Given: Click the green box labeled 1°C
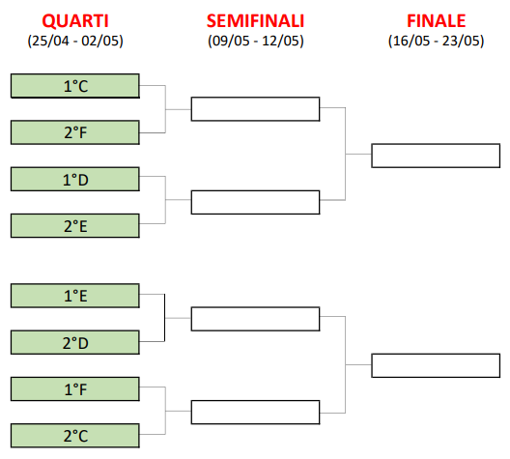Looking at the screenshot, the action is tap(75, 86).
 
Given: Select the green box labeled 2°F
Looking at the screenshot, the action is tap(75, 132).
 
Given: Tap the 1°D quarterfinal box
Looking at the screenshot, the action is tap(75, 179).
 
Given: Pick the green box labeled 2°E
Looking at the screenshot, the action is tap(75, 226).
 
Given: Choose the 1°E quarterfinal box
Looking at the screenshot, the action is tap(75, 296).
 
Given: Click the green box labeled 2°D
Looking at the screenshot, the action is tap(75, 342).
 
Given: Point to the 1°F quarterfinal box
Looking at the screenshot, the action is tap(75, 389).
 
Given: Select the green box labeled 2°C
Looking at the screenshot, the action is tap(75, 436).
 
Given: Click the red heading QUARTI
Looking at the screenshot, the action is tap(75, 21).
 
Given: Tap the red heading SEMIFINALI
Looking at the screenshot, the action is tap(255, 21).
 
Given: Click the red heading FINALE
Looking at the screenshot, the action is tap(437, 21).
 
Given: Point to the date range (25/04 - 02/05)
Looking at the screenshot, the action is tap(75, 41).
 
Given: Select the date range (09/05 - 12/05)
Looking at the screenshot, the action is tap(256, 41).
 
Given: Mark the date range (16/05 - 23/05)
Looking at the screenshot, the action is tap(437, 41).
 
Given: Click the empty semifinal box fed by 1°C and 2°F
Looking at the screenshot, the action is tap(255, 109).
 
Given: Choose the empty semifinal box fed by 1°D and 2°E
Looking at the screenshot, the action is tap(255, 202).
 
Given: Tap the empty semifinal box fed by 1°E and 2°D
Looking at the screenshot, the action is tap(255, 319).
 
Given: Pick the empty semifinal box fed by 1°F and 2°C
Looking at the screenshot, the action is tap(255, 413).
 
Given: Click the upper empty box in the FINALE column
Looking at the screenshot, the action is tap(436, 156).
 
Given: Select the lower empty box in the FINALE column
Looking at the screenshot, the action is tap(436, 365).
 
